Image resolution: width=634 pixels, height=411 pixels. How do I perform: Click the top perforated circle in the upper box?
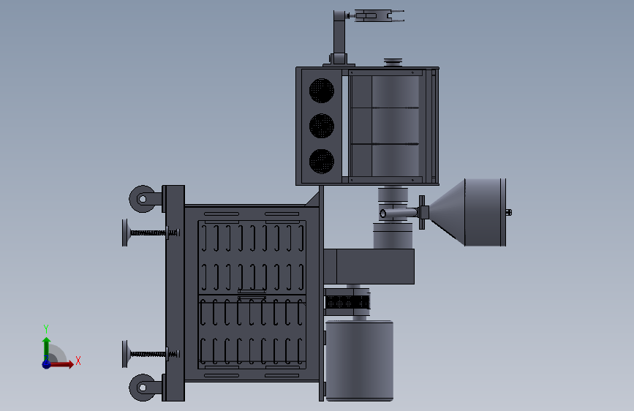[322, 90]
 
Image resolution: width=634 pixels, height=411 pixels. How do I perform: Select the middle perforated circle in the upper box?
[322, 125]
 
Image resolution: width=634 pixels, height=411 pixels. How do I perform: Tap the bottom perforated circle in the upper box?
[322, 161]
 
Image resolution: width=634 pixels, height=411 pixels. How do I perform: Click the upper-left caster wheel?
[143, 199]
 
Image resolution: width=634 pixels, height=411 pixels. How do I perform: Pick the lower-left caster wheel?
[143, 387]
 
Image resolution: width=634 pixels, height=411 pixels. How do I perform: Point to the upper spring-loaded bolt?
[151, 233]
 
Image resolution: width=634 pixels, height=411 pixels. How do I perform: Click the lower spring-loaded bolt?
[151, 354]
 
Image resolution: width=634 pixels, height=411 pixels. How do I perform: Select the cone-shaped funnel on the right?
[446, 212]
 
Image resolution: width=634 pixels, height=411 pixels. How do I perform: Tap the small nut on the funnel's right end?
[509, 212]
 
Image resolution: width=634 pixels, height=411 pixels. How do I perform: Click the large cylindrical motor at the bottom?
[359, 360]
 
